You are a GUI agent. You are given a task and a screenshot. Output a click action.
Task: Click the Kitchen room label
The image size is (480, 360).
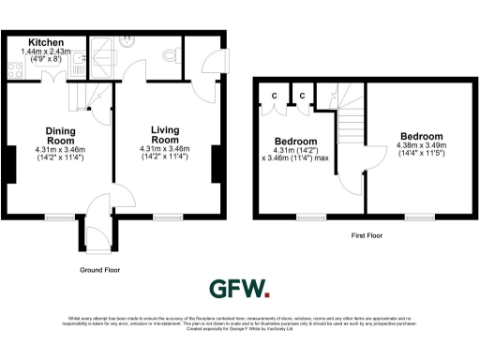click(45, 42)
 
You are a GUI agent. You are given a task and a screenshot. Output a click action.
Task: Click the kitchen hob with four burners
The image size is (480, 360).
click(15, 67)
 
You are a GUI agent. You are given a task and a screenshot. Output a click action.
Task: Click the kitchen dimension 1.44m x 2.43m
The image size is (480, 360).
click(45, 52)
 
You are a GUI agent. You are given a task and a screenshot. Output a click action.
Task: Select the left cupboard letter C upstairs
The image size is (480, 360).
click(274, 96)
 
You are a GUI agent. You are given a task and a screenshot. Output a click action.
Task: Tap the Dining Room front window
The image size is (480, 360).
click(60, 217)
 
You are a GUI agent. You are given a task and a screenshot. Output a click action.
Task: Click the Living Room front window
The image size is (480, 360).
click(167, 217)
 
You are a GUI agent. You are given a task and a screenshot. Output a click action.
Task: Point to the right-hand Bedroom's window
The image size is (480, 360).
click(418, 217)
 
